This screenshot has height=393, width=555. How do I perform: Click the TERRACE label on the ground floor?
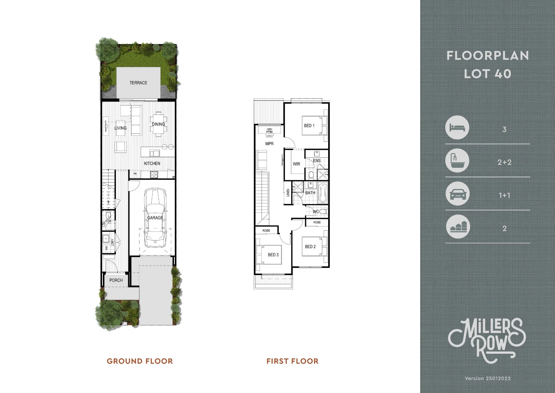pos(138,83)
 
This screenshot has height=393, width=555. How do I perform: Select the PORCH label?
pos(116,280)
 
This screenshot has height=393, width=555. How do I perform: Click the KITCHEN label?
pos(152,163)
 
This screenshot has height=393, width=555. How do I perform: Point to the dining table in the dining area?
pos(158,124)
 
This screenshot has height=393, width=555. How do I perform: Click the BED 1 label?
pos(309,126)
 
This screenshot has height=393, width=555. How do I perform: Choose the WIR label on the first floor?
pos(297,164)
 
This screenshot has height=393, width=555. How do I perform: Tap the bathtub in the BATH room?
pos(322,193)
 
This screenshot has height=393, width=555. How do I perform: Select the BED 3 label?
pos(273,255)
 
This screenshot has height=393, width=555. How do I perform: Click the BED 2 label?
pos(310,247)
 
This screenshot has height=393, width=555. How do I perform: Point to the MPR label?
pos(269,144)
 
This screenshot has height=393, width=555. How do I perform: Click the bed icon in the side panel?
pos(457,128)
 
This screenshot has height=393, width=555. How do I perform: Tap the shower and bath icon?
pos(457,161)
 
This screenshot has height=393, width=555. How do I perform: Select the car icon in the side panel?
pos(457,195)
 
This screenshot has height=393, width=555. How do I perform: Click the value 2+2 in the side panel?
pos(504,162)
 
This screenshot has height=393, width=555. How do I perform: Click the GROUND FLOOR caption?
pos(140,361)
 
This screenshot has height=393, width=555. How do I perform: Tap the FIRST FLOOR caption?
pos(292,361)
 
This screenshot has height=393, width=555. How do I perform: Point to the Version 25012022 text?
pos(487,378)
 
